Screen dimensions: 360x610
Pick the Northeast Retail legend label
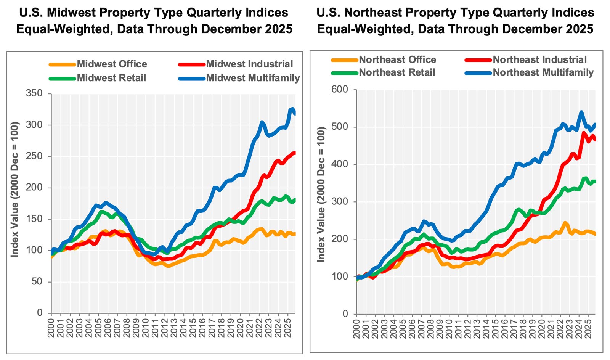(x=397, y=72)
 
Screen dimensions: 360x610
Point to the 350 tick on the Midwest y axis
(x=34, y=93)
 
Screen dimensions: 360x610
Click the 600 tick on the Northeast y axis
(x=340, y=89)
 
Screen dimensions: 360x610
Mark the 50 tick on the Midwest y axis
(x=37, y=281)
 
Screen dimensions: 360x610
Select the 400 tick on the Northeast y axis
(x=340, y=164)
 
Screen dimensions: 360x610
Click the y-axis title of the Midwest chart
(x=14, y=190)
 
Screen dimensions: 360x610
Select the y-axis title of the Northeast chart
(x=321, y=194)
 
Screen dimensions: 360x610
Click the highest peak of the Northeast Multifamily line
(x=581, y=112)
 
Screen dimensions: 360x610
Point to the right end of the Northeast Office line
(x=595, y=234)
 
